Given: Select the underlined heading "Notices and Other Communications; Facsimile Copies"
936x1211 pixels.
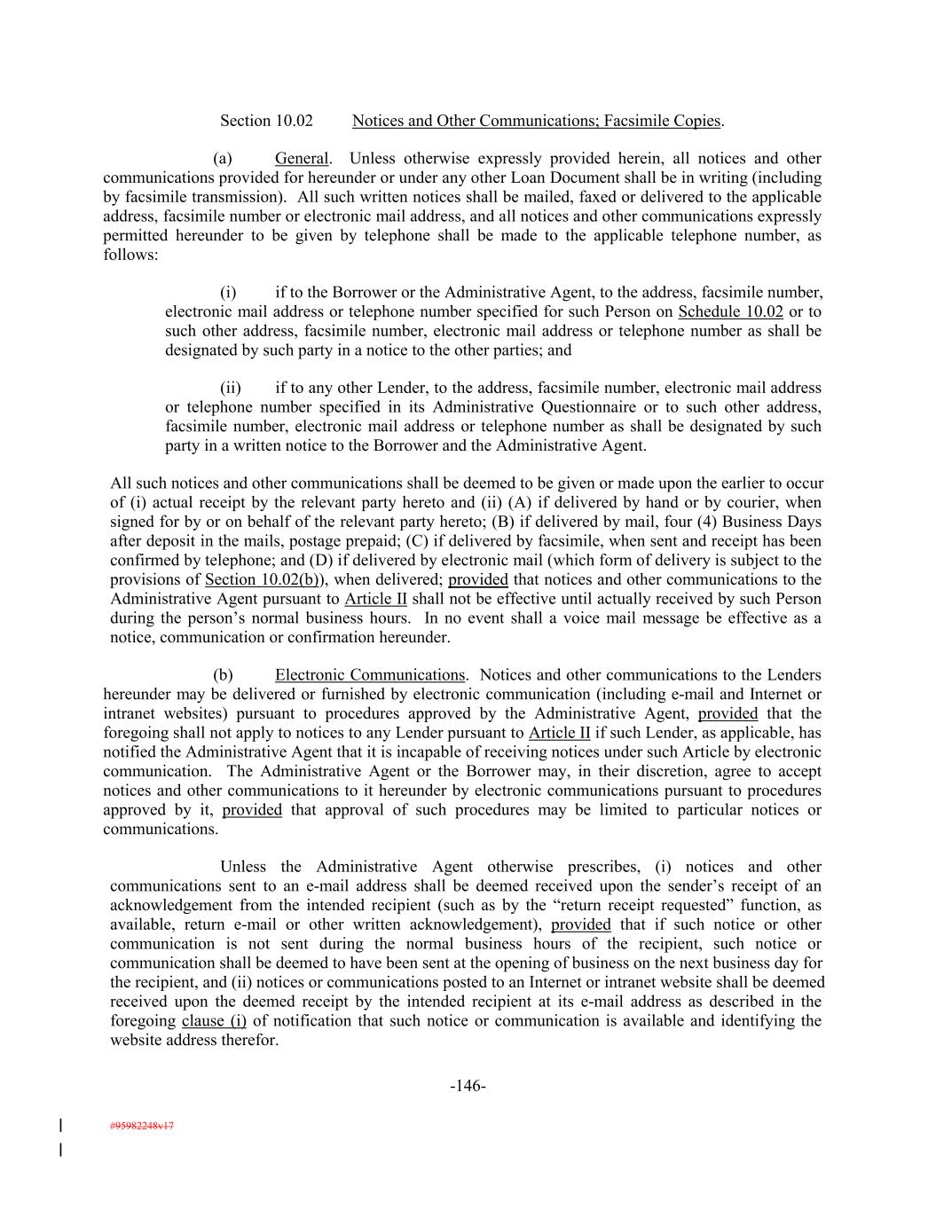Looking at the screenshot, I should click(537, 121).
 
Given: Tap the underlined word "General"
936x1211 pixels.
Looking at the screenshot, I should click(302, 159).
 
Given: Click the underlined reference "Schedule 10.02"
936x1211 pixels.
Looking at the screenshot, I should click(730, 311).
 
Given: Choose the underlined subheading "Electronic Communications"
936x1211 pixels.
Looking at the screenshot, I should click(369, 675).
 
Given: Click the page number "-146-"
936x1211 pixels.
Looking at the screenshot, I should click(468, 1086).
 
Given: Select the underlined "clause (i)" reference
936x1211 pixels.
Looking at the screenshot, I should click(214, 1020).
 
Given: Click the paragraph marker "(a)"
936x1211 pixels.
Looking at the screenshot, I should click(223, 159).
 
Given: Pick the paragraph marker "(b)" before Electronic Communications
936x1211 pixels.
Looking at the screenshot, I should click(223, 675).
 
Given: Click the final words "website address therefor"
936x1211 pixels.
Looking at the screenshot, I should click(194, 1040).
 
